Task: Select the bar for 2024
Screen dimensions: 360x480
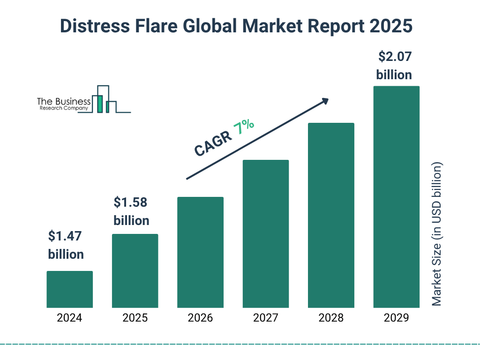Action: (x=69, y=289)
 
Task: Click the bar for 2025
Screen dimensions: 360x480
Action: (x=135, y=270)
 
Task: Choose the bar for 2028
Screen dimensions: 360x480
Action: (x=331, y=215)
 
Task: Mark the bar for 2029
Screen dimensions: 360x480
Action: (x=396, y=197)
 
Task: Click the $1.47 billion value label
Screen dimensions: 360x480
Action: (x=66, y=245)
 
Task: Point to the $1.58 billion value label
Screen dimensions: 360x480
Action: (x=131, y=211)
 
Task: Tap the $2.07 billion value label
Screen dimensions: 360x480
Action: (x=394, y=66)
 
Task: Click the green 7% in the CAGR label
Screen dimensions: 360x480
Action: (x=244, y=127)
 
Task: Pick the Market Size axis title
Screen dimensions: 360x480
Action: (x=437, y=234)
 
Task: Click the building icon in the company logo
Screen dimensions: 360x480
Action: (x=104, y=100)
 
